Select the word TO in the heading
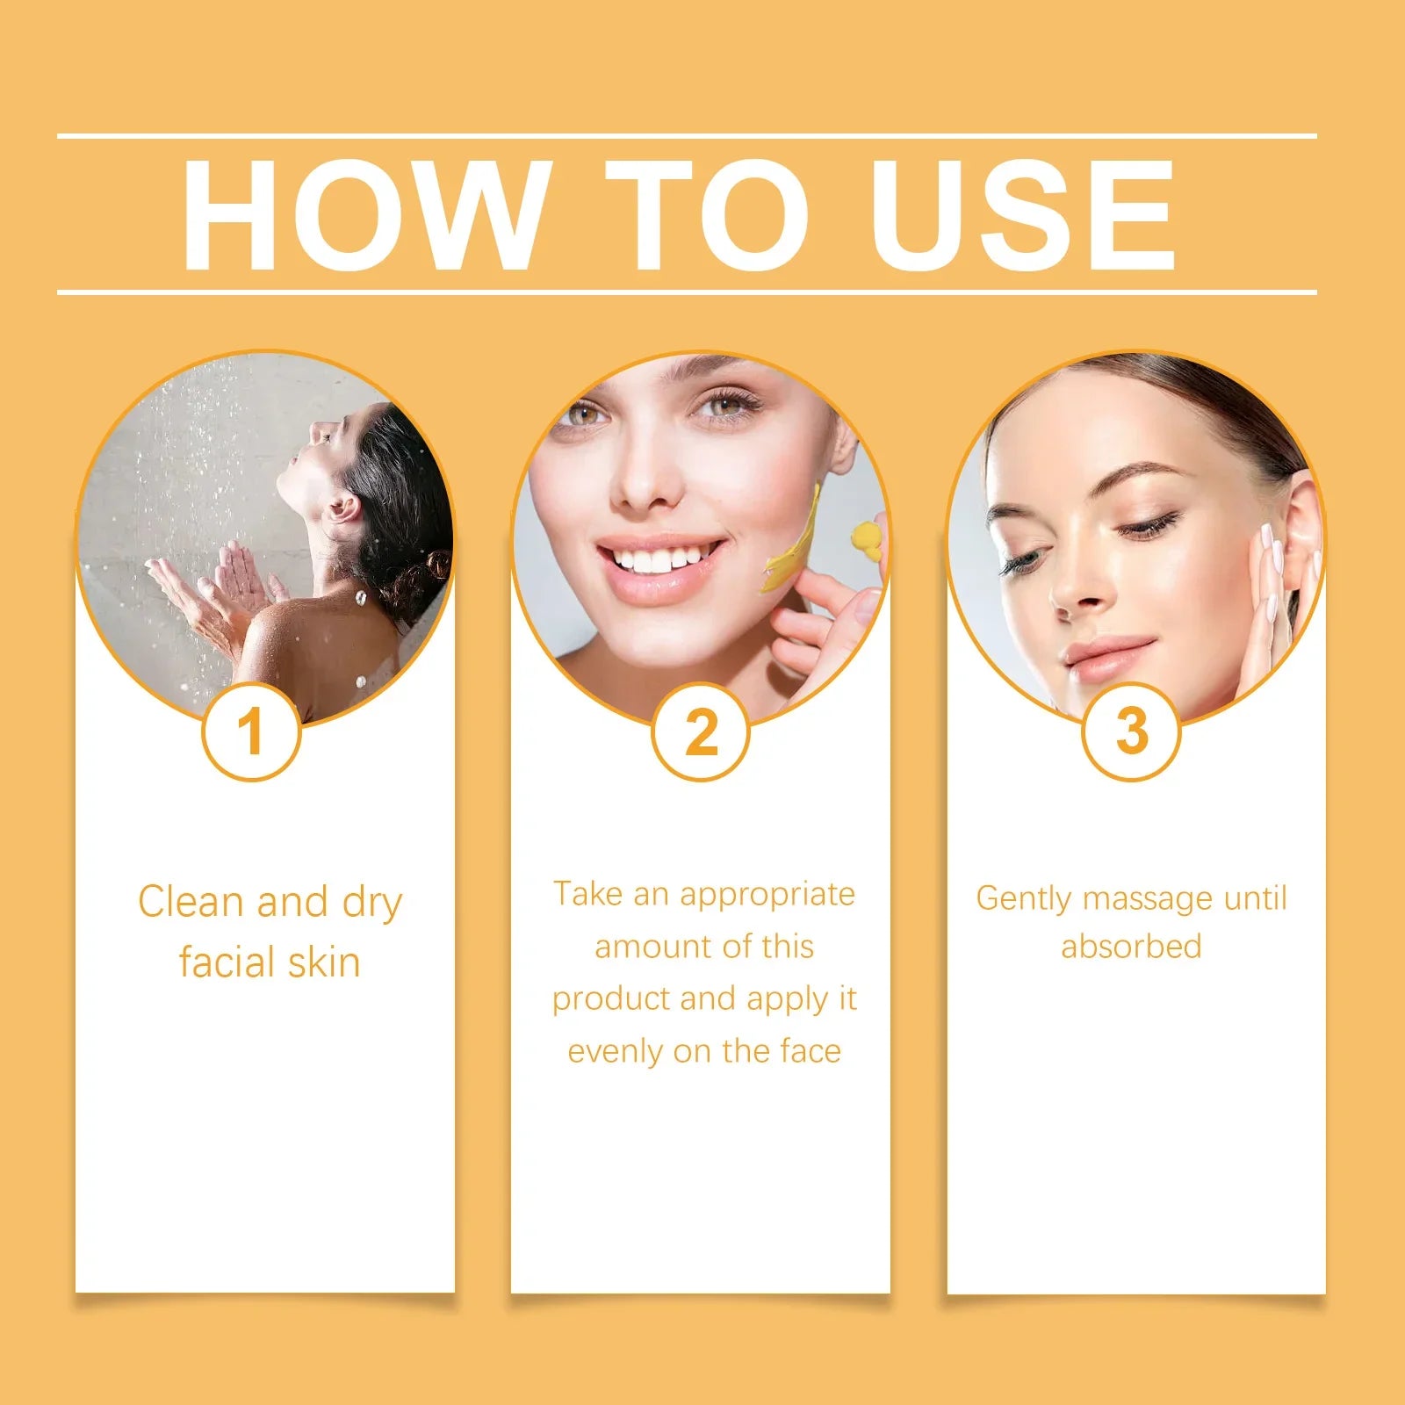pyautogui.click(x=707, y=215)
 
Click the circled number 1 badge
pyautogui.click(x=251, y=731)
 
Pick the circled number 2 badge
pyautogui.click(x=701, y=731)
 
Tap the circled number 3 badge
pyautogui.click(x=1131, y=731)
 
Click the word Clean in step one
pyautogui.click(x=190, y=902)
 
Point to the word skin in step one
pyautogui.click(x=324, y=962)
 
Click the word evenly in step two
pyautogui.click(x=615, y=1051)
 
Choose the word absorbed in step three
pyautogui.click(x=1131, y=947)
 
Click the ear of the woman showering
pyautogui.click(x=344, y=509)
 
